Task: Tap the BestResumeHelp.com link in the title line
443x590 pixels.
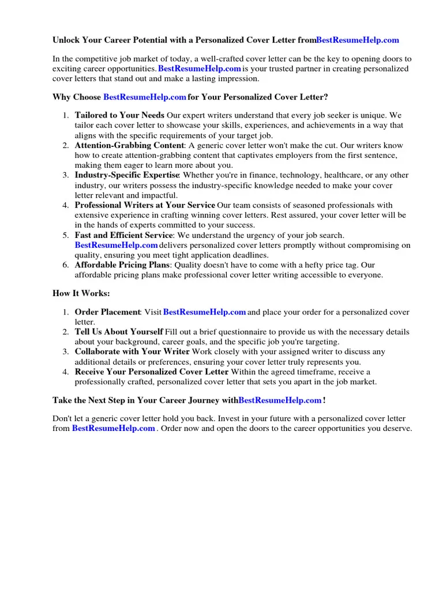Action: [357, 40]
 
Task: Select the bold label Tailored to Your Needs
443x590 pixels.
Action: [119, 115]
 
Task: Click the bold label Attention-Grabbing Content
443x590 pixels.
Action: [129, 146]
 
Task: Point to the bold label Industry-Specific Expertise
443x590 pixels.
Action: [127, 175]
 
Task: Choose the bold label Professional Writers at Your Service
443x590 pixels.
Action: [145, 205]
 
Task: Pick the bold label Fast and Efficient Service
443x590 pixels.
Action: [123, 235]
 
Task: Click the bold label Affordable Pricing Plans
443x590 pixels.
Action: [122, 265]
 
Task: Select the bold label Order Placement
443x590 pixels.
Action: [107, 312]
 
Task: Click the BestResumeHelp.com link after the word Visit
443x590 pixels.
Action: [205, 312]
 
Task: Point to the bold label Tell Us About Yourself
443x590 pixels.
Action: [119, 332]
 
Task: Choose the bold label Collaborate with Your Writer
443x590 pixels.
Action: [132, 351]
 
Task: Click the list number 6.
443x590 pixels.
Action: [66, 265]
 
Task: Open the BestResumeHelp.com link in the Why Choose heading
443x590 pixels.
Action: [145, 97]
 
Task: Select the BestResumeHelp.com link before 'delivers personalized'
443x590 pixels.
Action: [116, 245]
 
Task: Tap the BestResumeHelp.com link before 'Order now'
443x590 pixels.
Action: [113, 429]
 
